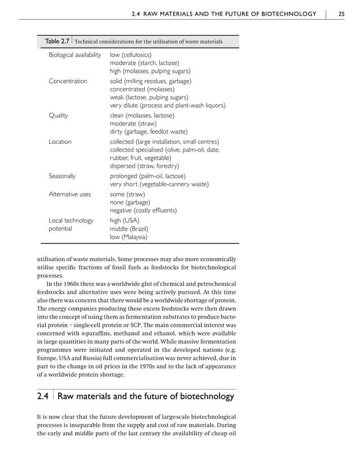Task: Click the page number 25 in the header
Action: [x=342, y=14]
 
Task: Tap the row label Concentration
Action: [x=68, y=81]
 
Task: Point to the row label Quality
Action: [x=59, y=115]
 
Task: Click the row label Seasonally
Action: [x=63, y=176]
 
